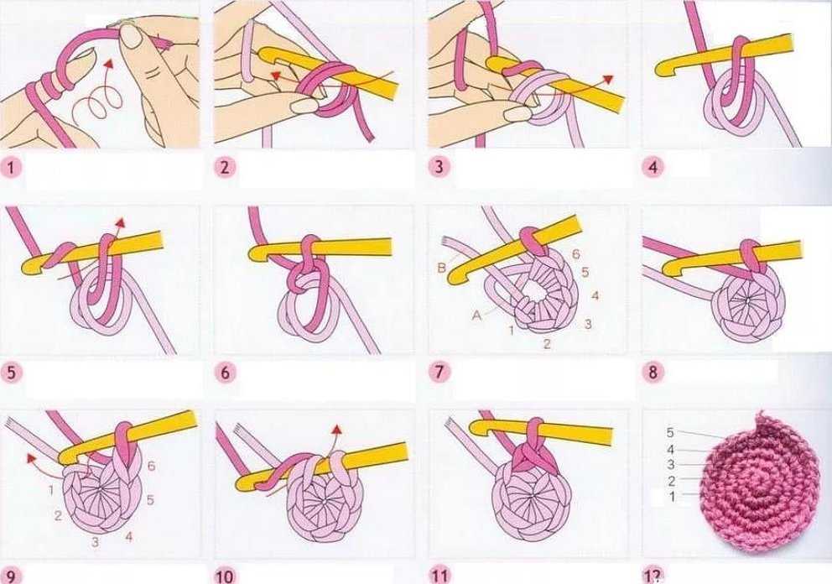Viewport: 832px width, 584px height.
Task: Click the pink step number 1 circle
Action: coord(11,168)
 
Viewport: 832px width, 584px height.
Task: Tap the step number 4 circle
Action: coord(653,167)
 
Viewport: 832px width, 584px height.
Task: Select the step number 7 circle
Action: coord(439,373)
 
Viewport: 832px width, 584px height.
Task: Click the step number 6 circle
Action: coord(225,373)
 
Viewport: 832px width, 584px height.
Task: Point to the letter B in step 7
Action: coord(441,269)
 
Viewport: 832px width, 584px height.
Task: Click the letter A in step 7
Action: coord(476,315)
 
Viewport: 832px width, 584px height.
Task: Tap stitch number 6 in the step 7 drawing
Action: coord(576,254)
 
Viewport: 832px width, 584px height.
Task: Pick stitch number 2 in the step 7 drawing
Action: coord(547,344)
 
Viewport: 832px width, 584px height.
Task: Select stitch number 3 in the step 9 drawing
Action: coord(95,542)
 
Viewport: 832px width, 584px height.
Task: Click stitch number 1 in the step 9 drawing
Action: coord(51,489)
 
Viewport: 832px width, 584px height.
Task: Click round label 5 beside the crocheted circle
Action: coord(670,433)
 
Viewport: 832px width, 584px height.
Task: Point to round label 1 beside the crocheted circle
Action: coord(673,497)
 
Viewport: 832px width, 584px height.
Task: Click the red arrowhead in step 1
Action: coord(109,65)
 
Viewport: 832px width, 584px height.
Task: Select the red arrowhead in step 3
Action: coord(607,79)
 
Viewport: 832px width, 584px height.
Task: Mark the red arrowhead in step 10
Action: coord(335,430)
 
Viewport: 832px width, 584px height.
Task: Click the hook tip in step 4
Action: coord(660,70)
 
